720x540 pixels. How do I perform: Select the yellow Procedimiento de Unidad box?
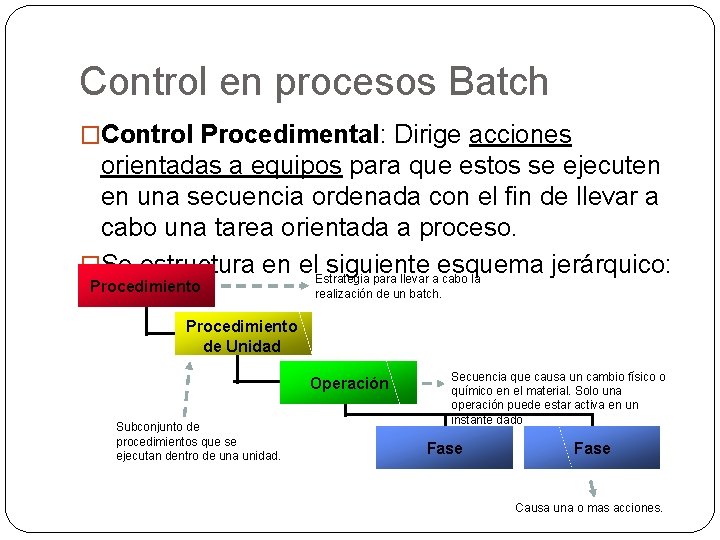pyautogui.click(x=242, y=336)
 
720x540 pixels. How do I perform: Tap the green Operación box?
pyautogui.click(x=349, y=383)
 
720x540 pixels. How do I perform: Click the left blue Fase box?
pyautogui.click(x=445, y=448)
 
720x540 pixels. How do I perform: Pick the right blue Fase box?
pyautogui.click(x=592, y=448)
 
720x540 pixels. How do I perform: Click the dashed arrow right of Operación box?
pyautogui.click(x=432, y=383)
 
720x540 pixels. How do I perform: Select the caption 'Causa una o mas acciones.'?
pyautogui.click(x=589, y=508)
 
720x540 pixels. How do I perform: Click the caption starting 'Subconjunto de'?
pyautogui.click(x=198, y=442)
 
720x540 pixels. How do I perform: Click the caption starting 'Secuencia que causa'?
pyautogui.click(x=557, y=397)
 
